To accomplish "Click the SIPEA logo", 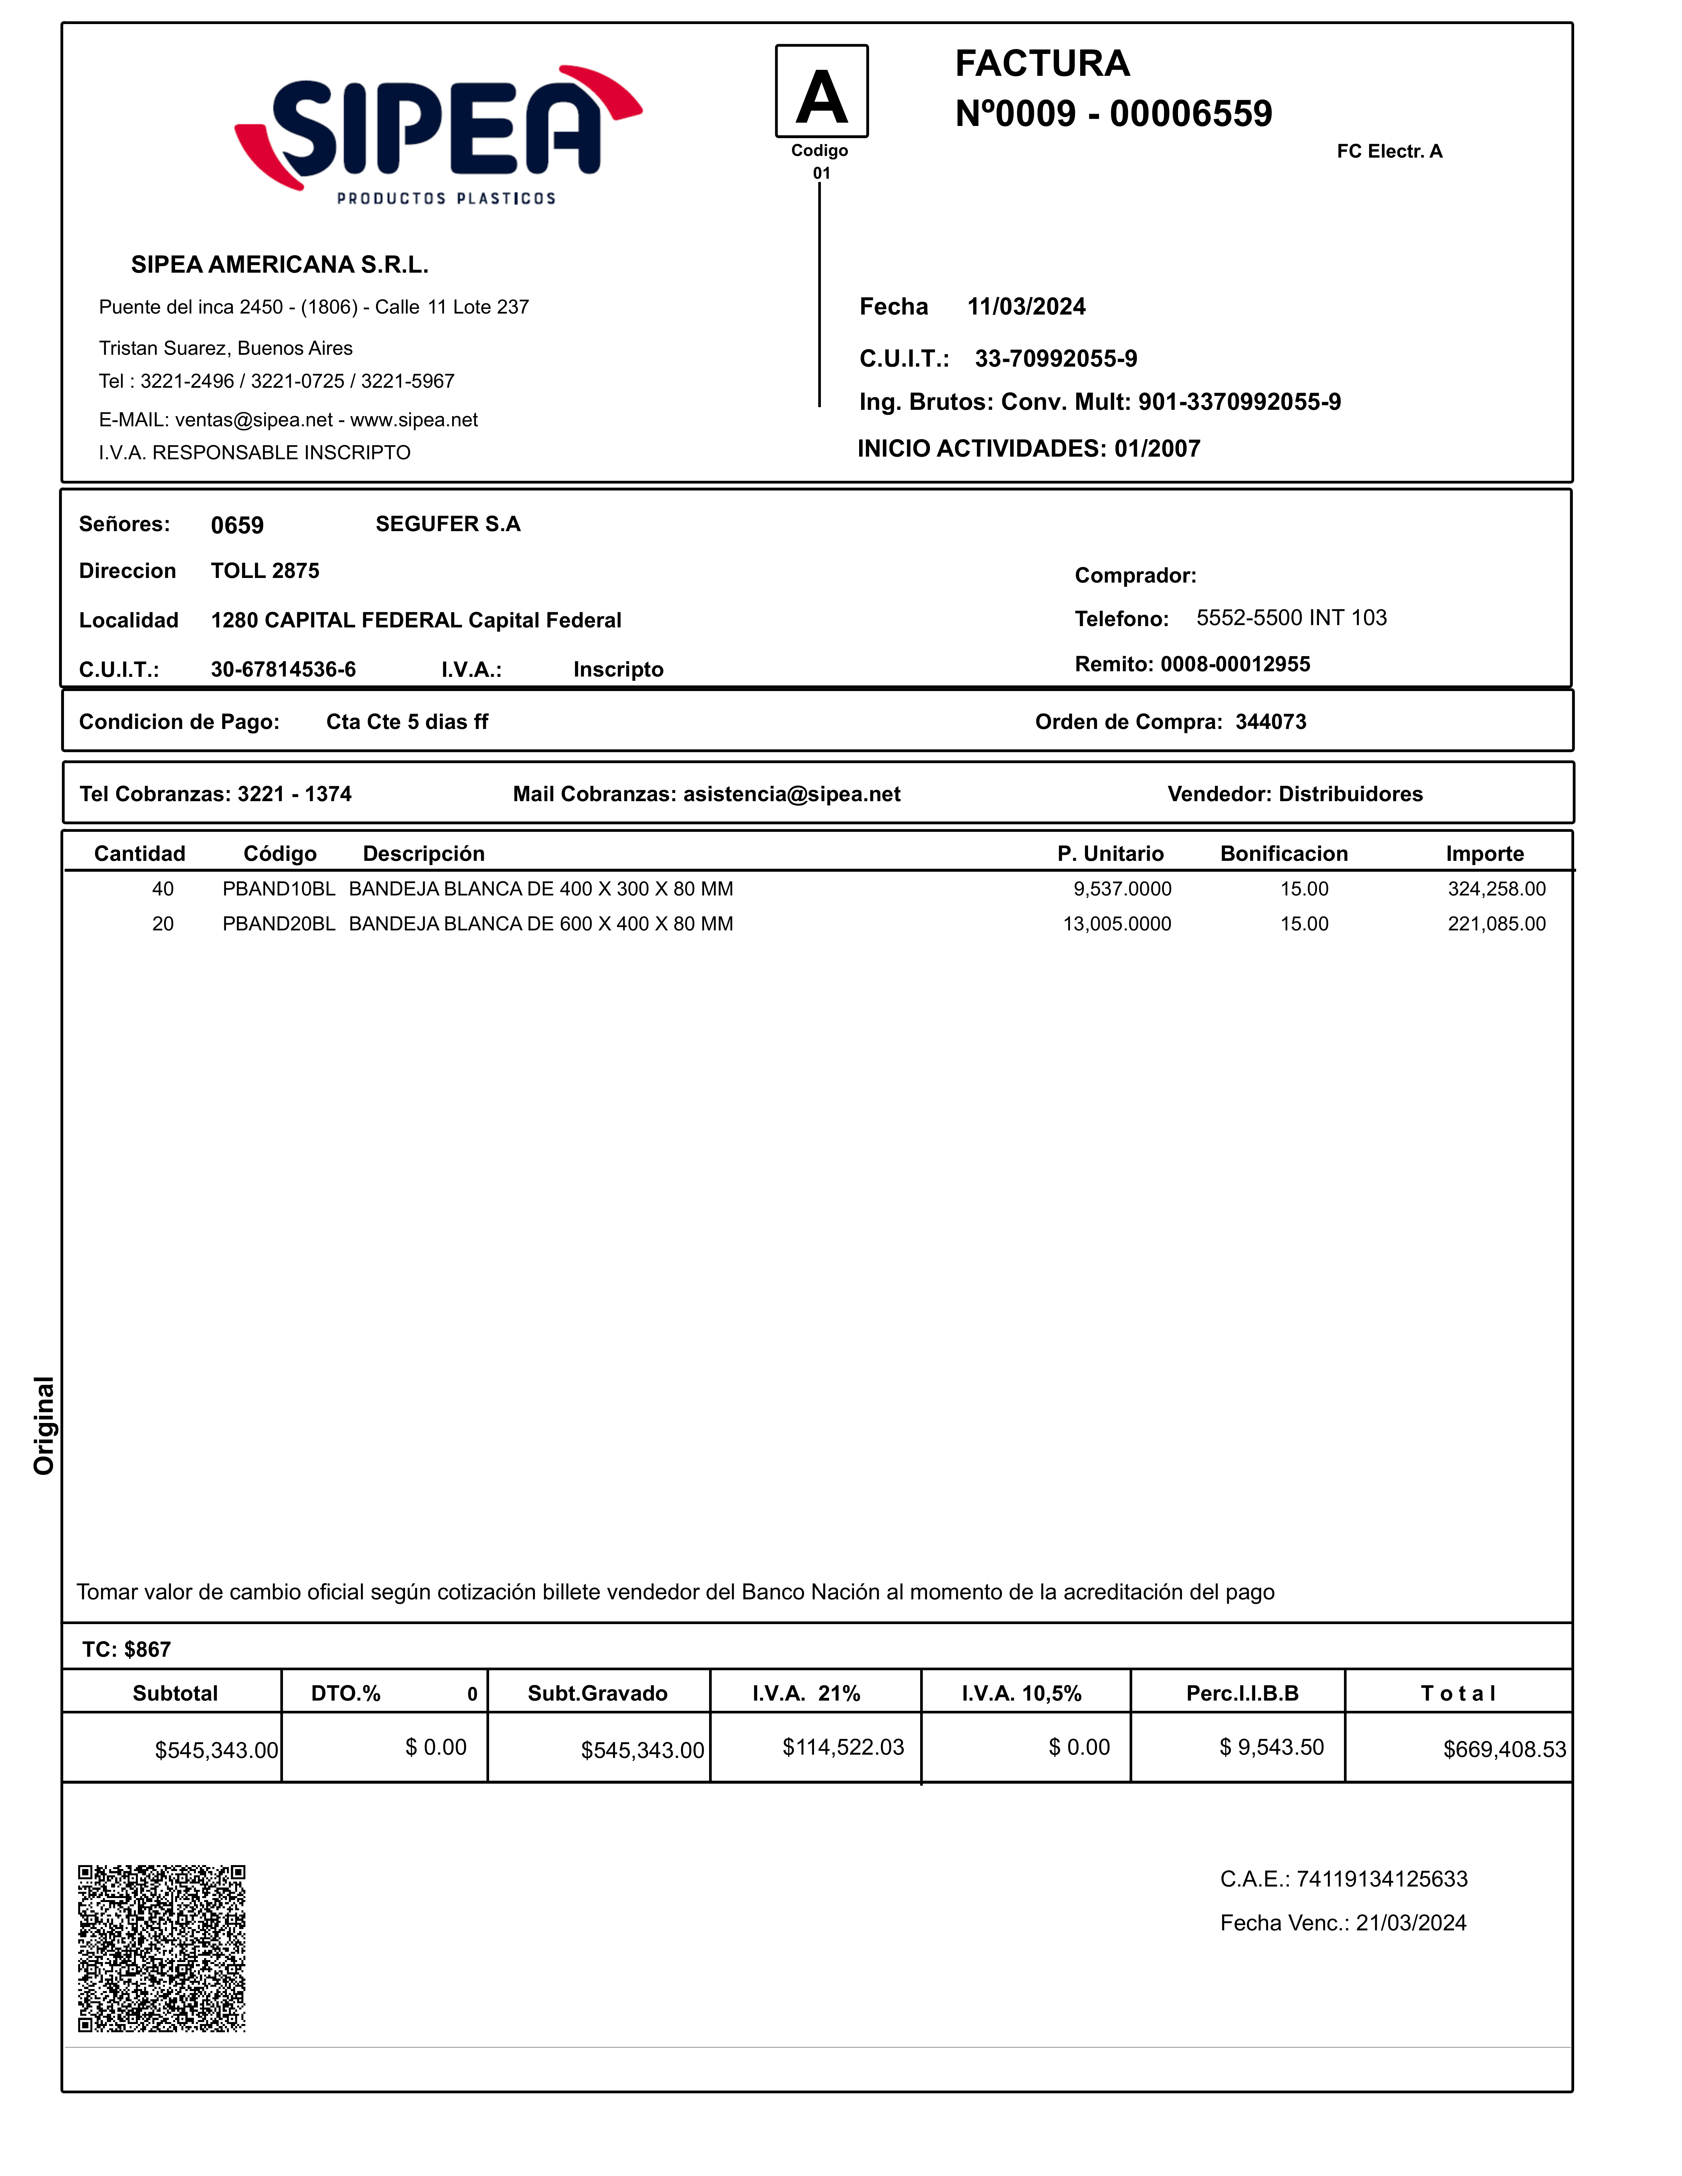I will coord(438,135).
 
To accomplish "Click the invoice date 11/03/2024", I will coord(1026,307).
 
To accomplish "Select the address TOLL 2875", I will coord(265,571).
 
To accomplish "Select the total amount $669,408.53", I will coord(1504,1750).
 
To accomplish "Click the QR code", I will coord(161,1948).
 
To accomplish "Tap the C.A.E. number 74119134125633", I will coord(1381,1879).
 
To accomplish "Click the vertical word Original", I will coord(44,1425).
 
